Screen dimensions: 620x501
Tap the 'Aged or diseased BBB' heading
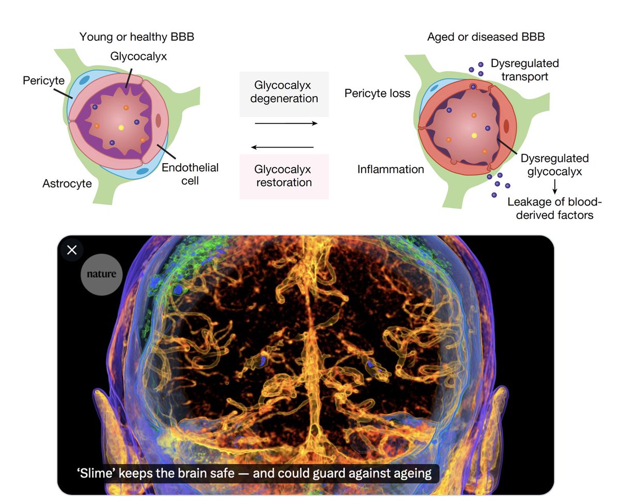click(x=486, y=37)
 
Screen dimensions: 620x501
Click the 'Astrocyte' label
click(x=67, y=183)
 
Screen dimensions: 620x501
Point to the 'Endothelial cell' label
click(x=190, y=174)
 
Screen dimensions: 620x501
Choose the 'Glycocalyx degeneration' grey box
click(x=284, y=92)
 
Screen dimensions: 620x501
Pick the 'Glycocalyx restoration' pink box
click(x=284, y=176)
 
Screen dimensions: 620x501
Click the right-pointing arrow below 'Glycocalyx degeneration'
click(x=286, y=123)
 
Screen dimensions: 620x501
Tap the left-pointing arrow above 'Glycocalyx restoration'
click(x=283, y=148)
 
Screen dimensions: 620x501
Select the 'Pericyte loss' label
click(x=377, y=93)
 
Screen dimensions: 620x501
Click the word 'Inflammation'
click(x=391, y=169)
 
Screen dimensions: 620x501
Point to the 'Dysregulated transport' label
click(x=524, y=70)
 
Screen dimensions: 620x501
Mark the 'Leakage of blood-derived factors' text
click(x=550, y=208)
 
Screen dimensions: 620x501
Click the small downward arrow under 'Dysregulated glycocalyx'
click(x=555, y=187)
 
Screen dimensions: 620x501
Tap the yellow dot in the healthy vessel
click(x=121, y=127)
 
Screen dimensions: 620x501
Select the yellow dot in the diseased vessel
click(x=474, y=135)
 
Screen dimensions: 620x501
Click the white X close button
click(x=72, y=250)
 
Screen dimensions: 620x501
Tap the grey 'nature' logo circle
click(x=102, y=274)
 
